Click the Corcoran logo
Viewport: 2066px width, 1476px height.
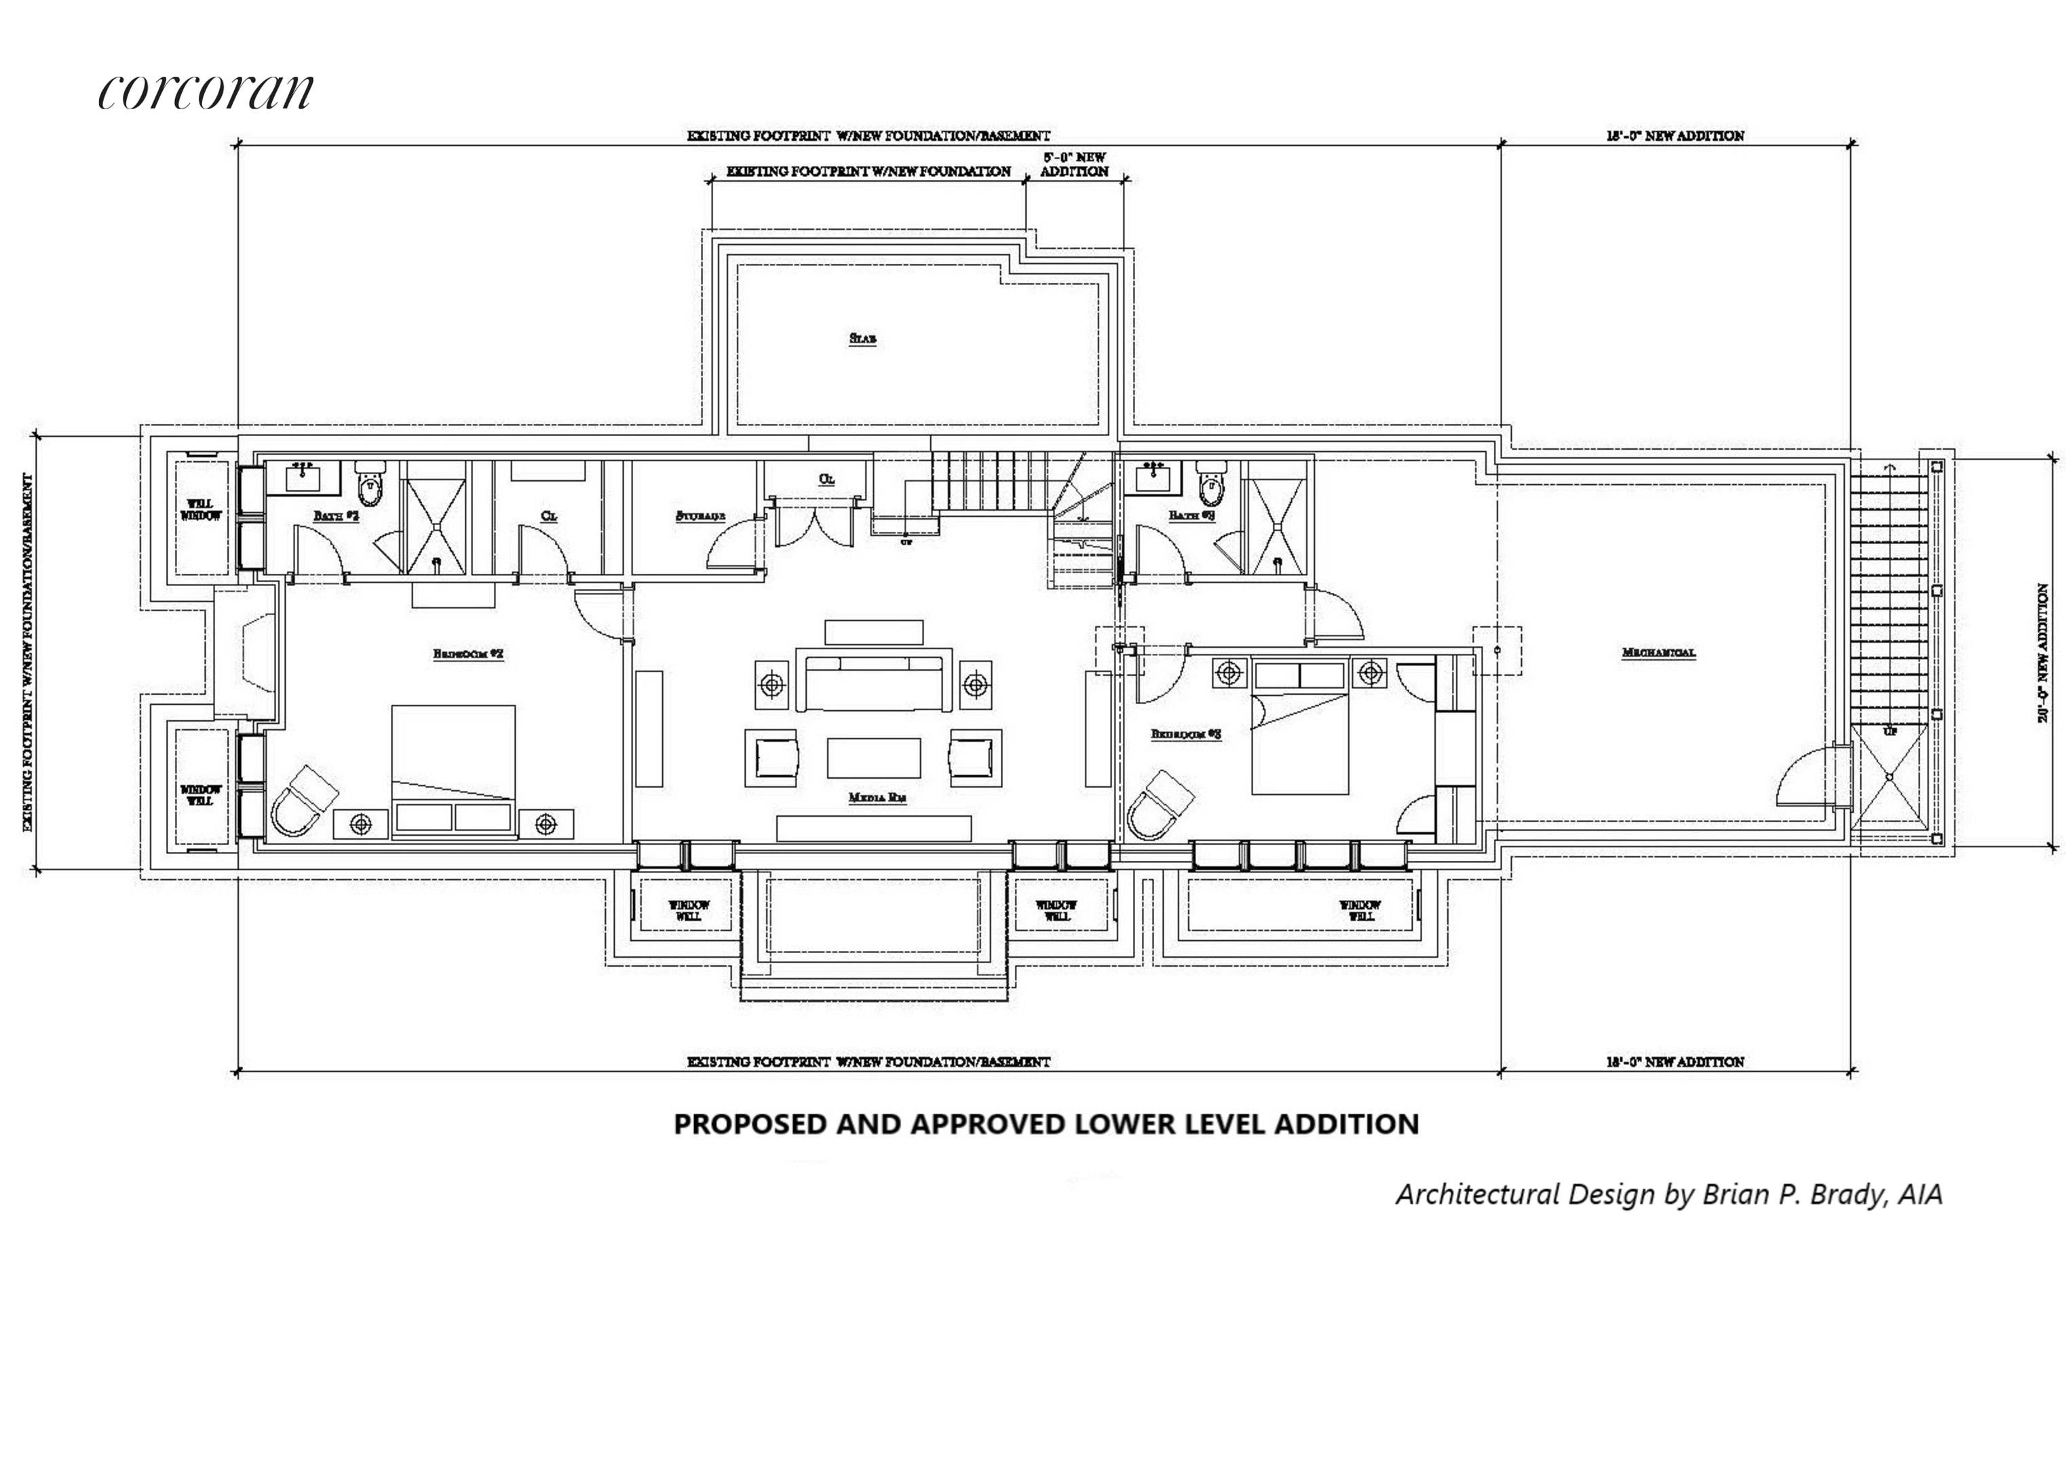pos(206,92)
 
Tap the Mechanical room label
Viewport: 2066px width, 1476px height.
pos(1658,653)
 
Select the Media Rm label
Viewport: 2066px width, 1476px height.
pos(877,798)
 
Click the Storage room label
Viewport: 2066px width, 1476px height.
pos(701,516)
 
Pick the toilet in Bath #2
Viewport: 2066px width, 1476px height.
pos(370,484)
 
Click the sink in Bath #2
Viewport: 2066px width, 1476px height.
pos(302,475)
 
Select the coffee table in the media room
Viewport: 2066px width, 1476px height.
pos(873,757)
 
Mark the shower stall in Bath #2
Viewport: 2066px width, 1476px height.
pos(434,517)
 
